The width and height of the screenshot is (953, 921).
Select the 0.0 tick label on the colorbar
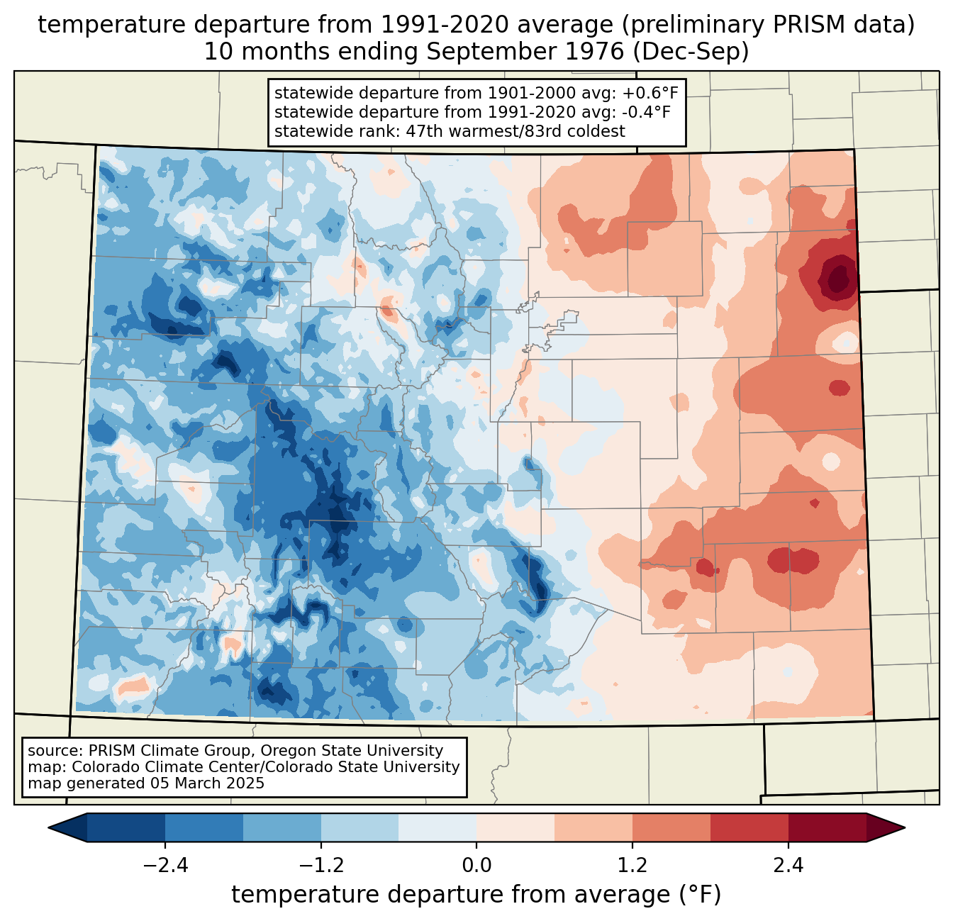(476, 866)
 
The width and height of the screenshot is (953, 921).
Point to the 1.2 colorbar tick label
(632, 866)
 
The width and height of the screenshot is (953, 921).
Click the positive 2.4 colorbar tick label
(788, 866)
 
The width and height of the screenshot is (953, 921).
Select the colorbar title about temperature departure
(476, 895)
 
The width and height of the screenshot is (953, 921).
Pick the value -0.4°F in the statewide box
(642, 112)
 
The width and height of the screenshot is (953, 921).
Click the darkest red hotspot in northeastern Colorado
(839, 277)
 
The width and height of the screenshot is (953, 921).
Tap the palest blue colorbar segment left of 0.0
(438, 827)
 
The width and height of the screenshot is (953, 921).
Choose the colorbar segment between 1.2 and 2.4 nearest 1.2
(671, 827)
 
